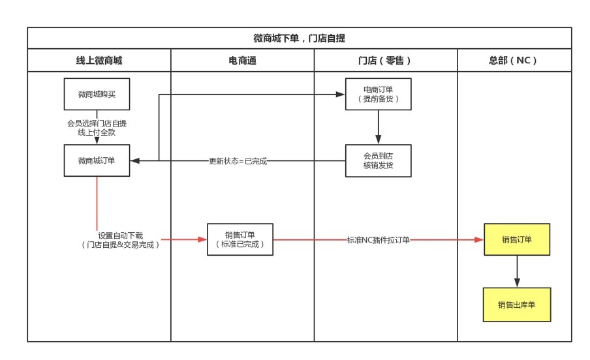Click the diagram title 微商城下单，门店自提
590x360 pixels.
coord(299,38)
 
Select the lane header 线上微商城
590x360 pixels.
coord(99,61)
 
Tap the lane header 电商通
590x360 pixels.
coord(242,61)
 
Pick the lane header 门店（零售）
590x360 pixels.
coord(385,61)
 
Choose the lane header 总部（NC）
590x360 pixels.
coord(514,61)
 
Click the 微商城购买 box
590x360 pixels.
coord(97,95)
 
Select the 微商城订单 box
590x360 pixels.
coord(97,160)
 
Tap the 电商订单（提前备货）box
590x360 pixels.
coord(378,95)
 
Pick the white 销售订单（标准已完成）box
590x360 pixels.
coord(240,239)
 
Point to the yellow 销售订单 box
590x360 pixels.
coord(517,239)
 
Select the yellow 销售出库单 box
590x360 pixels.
coord(517,305)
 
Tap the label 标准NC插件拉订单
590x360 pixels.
coord(378,240)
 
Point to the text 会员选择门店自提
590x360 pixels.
coord(97,123)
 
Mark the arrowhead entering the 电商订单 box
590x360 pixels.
coord(341,95)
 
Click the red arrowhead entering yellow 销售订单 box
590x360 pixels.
coord(479,239)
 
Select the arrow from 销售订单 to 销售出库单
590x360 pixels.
coord(517,271)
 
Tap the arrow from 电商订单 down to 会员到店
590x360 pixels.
coord(378,128)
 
